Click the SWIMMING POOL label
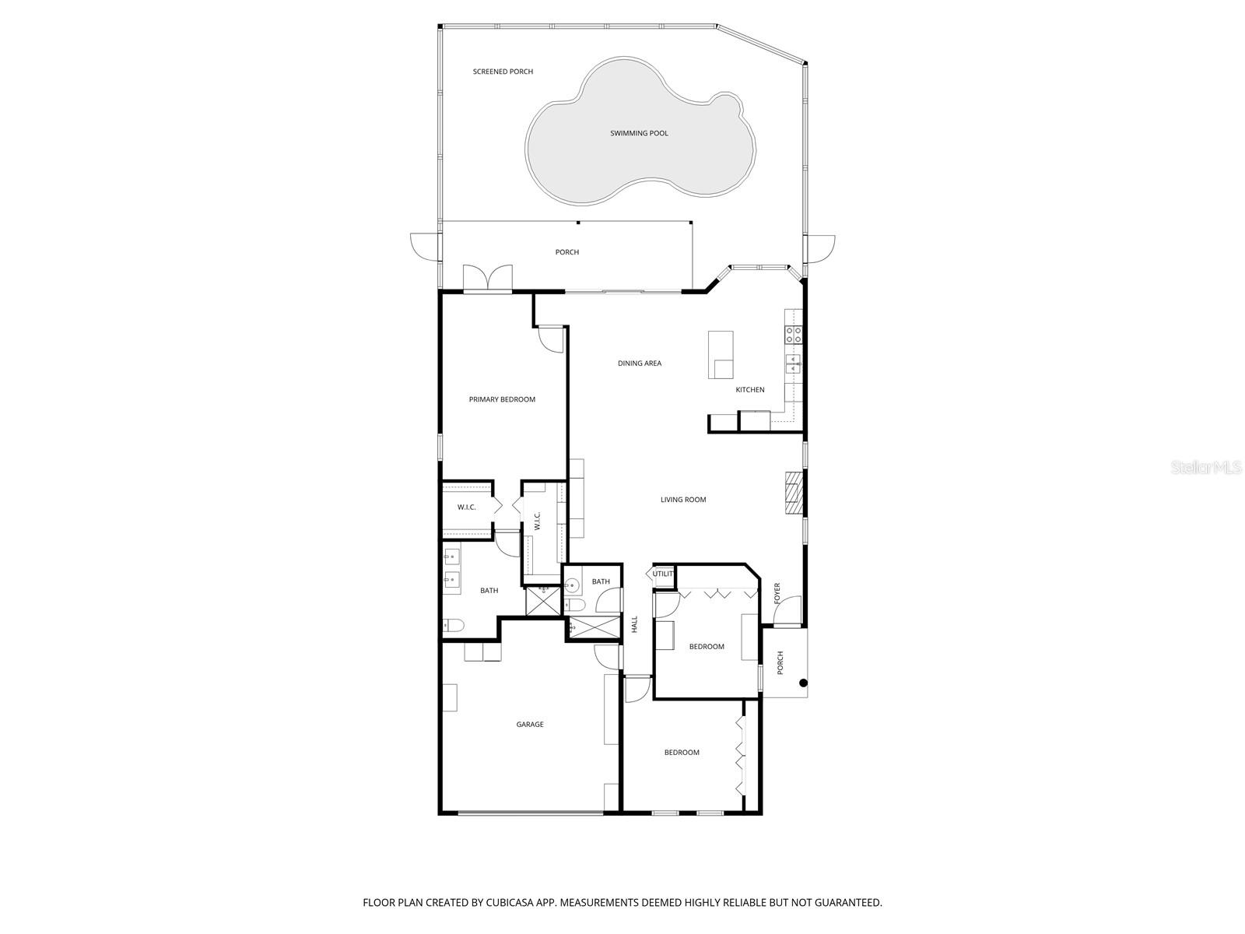coord(639,133)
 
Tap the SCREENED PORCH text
coord(503,72)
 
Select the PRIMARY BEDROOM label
coord(502,399)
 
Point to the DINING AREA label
coord(640,363)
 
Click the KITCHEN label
coord(750,390)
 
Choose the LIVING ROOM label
coord(683,500)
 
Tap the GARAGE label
coord(530,725)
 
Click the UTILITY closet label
coord(663,574)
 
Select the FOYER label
coord(777,593)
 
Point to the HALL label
coord(635,623)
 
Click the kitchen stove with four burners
coord(794,335)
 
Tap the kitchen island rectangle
coord(721,354)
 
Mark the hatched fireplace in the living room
coord(792,493)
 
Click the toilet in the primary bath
coord(453,624)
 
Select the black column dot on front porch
coord(804,683)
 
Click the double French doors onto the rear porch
coord(488,279)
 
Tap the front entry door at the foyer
coord(787,612)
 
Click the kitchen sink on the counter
coord(793,363)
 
